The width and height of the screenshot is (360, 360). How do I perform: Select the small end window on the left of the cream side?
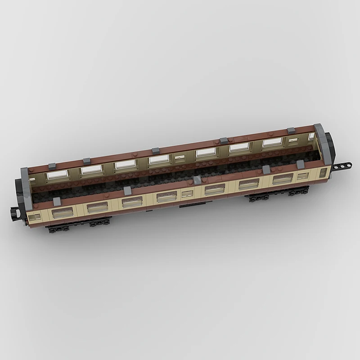[34, 217]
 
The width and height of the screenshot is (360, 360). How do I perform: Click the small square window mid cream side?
[187, 194]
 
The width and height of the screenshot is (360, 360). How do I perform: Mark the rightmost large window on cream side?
[283, 179]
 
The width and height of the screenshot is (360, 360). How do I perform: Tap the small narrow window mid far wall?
[180, 158]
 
